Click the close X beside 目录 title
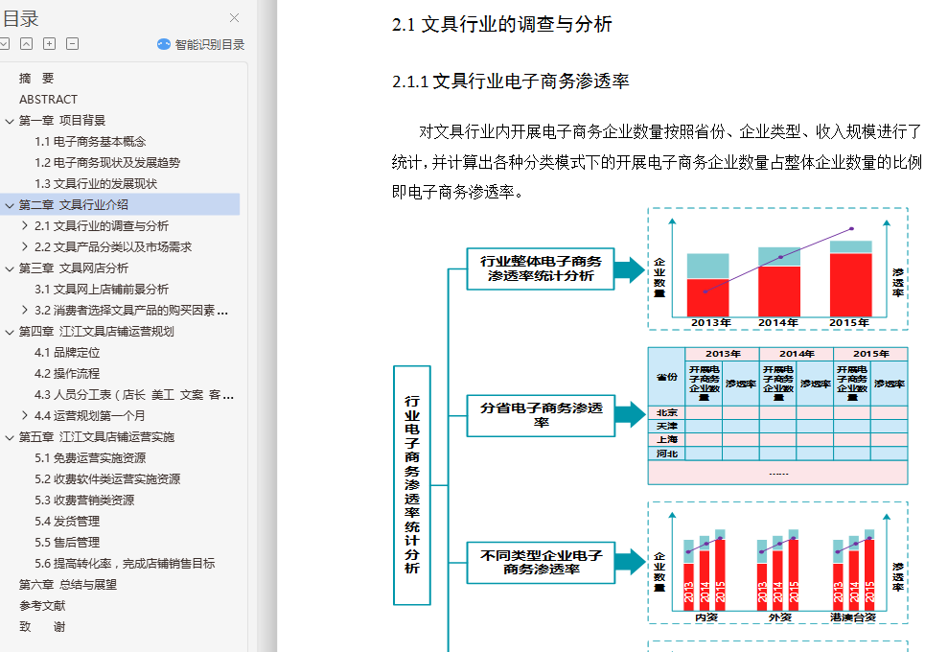tap(235, 17)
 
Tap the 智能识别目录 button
tap(201, 44)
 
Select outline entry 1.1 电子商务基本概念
tap(90, 141)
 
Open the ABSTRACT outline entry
tap(48, 99)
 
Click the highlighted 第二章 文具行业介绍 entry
tap(74, 204)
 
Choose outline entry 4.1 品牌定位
tap(67, 352)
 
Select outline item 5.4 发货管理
tap(67, 521)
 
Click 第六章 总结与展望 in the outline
tap(68, 584)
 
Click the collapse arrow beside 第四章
tap(10, 332)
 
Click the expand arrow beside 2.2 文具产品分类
tap(25, 246)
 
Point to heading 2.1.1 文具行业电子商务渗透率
tap(510, 81)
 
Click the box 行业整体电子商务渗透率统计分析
tap(541, 269)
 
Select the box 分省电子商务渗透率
tap(541, 414)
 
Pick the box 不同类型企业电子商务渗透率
tap(541, 562)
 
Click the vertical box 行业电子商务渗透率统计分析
tap(412, 484)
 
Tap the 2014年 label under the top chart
tap(778, 323)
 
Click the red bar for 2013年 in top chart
tap(708, 297)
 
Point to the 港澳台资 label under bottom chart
tap(853, 617)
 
